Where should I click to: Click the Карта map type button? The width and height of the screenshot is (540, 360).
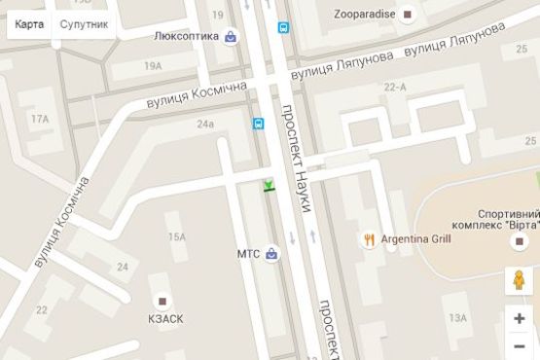pos(29,23)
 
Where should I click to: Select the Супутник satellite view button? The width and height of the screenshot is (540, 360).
pos(84,23)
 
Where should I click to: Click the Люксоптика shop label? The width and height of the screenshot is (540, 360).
pos(187,37)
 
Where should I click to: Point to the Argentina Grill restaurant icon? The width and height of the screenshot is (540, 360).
pos(370,239)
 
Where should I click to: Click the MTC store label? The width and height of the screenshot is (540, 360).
pos(249,254)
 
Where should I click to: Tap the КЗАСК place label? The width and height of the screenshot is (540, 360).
pos(164,318)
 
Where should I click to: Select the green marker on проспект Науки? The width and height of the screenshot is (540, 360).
pos(269,185)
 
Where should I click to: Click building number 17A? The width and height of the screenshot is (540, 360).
pos(39,119)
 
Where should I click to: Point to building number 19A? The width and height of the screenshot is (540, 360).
pos(152,65)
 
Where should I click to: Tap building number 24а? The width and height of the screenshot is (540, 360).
pos(204,124)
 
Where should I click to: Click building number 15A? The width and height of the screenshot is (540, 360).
pos(176,236)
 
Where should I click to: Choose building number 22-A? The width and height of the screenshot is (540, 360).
pos(395,88)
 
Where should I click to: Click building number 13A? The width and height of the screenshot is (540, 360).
pos(457,318)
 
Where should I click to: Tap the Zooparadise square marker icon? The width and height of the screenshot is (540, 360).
pos(408,14)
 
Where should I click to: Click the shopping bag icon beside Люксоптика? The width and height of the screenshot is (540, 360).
pos(230,37)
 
